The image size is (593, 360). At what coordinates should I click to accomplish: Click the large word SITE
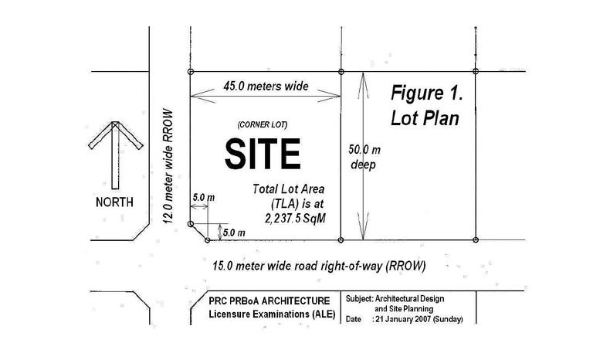pyautogui.click(x=263, y=154)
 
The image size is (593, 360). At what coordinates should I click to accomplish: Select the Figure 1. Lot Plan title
pyautogui.click(x=425, y=106)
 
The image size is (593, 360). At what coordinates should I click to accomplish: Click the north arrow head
pyautogui.click(x=114, y=134)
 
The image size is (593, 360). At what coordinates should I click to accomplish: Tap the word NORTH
pyautogui.click(x=114, y=202)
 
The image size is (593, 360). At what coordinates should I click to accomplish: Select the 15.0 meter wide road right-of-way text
pyautogui.click(x=319, y=265)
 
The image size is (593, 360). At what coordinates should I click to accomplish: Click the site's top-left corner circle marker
pyautogui.click(x=191, y=72)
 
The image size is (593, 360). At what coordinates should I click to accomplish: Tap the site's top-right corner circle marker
pyautogui.click(x=341, y=72)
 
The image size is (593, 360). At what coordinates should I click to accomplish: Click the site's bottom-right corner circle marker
pyautogui.click(x=341, y=241)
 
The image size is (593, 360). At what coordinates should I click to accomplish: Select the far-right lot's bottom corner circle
pyautogui.click(x=475, y=241)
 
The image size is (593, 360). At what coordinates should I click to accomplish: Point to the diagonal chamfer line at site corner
pyautogui.click(x=199, y=233)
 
